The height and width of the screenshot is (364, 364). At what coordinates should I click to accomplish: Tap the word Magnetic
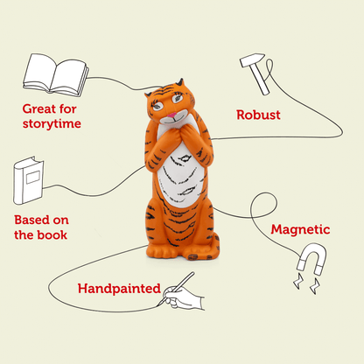point(300,230)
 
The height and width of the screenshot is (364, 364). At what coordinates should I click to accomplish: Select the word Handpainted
point(118,288)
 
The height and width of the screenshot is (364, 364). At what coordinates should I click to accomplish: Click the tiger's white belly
point(185,175)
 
